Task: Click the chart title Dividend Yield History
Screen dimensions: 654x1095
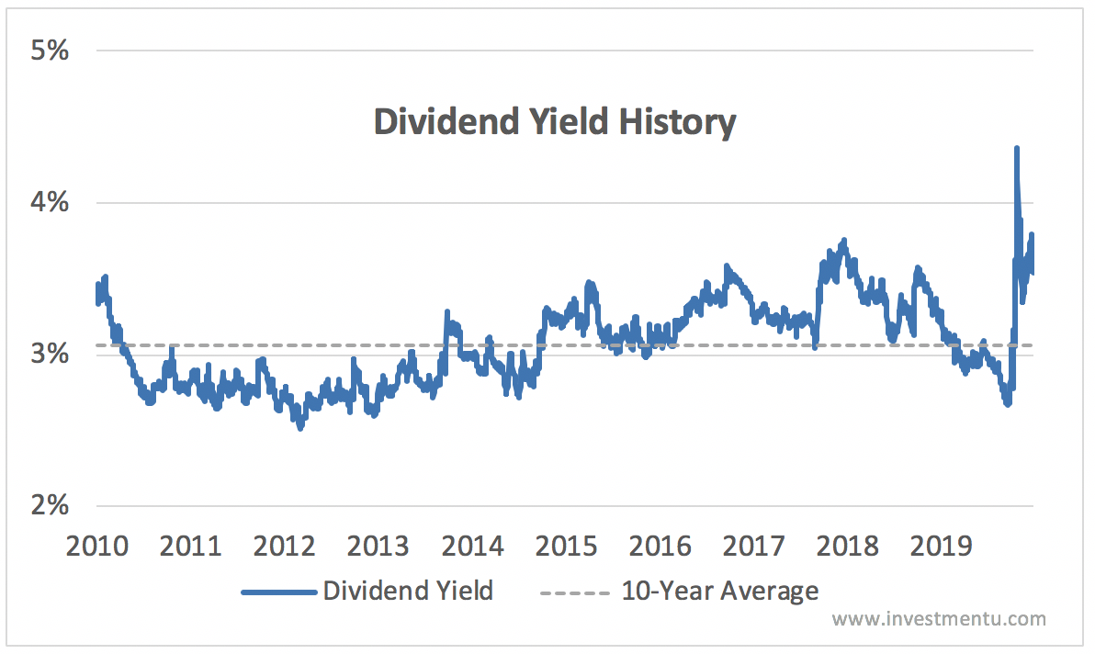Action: [555, 122]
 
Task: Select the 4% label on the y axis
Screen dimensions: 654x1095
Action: [49, 202]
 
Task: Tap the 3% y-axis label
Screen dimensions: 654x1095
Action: [49, 354]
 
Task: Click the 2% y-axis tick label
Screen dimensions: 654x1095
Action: [49, 505]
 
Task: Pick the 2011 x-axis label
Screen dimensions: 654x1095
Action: [192, 547]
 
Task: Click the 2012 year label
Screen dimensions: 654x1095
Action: [285, 547]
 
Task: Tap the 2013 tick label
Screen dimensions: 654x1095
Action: [378, 547]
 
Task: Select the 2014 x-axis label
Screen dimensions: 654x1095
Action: [473, 547]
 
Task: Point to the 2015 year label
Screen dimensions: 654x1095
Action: [567, 547]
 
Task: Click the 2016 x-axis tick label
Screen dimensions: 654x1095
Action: [660, 547]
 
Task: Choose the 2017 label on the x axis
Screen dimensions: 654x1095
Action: [754, 547]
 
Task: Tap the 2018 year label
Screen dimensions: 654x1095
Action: [849, 547]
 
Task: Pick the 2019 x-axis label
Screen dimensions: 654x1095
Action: [943, 547]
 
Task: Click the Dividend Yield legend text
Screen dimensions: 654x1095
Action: [408, 591]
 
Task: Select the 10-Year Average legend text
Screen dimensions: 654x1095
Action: [719, 591]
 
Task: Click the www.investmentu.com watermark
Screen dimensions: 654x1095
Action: [939, 619]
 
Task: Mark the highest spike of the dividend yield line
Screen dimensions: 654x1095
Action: [1016, 149]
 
